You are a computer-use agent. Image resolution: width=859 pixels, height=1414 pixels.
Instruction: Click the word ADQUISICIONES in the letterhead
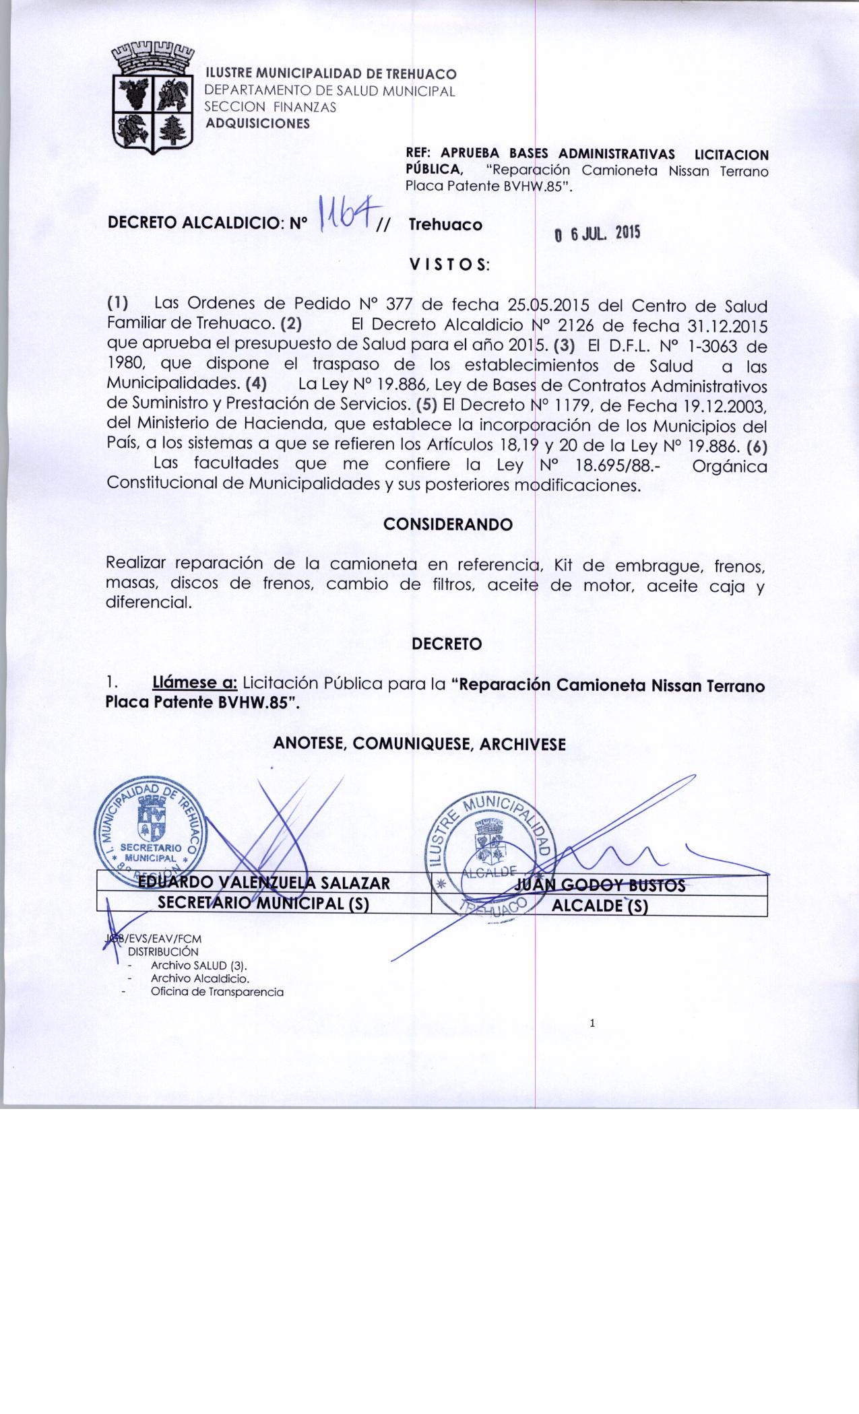pos(257,124)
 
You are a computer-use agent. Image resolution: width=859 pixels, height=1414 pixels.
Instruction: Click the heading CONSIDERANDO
pos(448,524)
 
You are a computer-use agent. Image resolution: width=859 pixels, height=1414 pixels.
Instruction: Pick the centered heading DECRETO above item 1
pos(447,644)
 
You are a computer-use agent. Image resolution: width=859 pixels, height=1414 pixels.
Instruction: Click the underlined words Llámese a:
pos(195,683)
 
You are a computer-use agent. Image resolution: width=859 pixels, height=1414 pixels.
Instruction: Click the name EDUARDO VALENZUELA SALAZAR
pos(264,883)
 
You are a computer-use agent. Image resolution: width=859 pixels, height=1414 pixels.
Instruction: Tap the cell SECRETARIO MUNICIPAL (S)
pos(263,905)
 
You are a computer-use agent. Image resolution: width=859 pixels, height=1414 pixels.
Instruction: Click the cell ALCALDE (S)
pos(599,906)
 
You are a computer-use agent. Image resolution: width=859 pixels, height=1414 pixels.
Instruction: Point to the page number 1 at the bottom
pos(592,1024)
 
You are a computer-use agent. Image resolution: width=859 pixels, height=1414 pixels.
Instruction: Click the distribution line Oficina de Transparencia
pos(217,992)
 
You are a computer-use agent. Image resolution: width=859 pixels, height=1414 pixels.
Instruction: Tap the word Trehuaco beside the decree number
pos(445,225)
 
